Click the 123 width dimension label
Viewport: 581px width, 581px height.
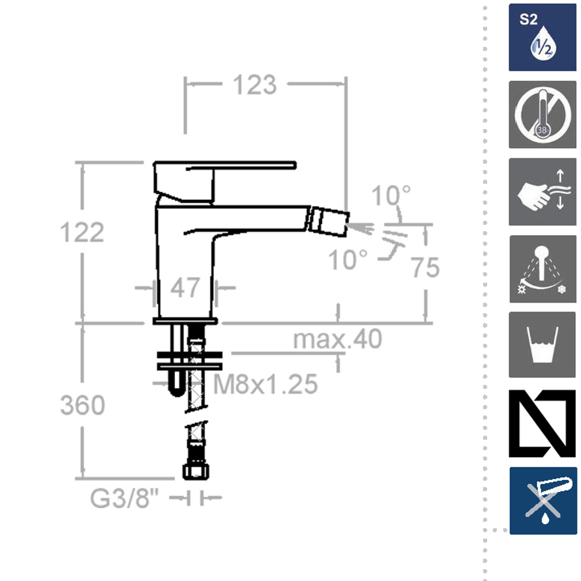click(254, 85)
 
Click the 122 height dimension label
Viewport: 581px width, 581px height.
click(82, 232)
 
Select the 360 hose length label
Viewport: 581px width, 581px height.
click(83, 405)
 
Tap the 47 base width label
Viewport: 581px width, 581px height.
click(185, 288)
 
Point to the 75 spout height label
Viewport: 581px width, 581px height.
click(425, 267)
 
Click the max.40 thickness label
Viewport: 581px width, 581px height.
click(337, 339)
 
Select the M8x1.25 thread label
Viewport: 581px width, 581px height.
click(266, 384)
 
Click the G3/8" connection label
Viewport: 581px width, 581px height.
click(124, 498)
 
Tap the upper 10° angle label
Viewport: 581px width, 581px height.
click(390, 195)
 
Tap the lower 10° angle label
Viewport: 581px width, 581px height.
click(347, 259)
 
